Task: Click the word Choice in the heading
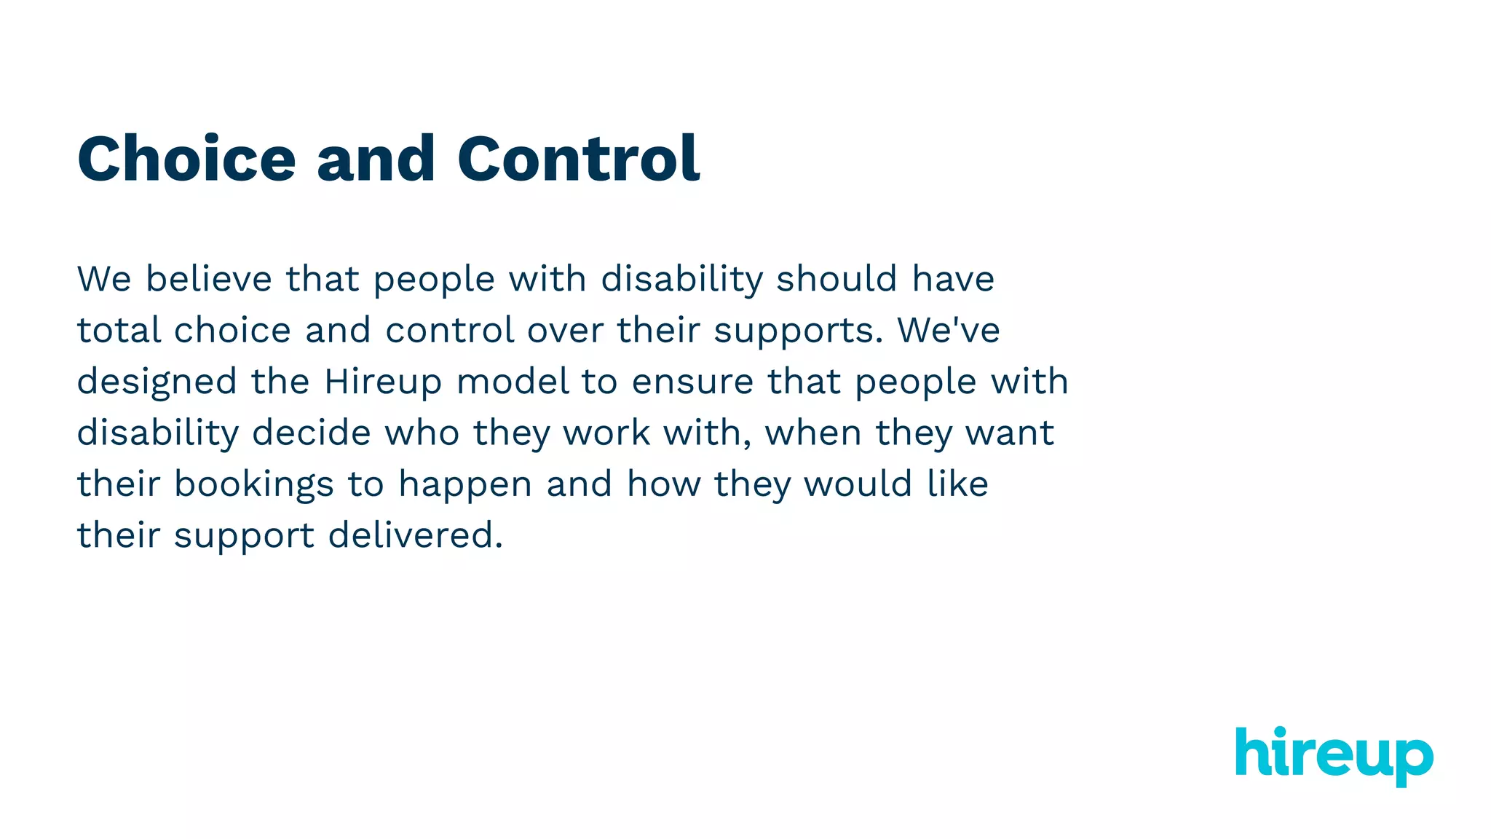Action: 186,159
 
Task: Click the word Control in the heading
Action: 578,159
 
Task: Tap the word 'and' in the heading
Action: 376,159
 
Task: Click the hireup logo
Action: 1334,755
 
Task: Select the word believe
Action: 208,279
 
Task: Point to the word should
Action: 837,279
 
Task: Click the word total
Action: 119,330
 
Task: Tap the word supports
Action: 798,331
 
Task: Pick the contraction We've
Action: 949,330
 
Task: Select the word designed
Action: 157,382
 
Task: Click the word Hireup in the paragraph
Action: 383,382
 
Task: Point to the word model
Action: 513,382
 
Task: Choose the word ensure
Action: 692,382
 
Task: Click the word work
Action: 606,433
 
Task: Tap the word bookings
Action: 253,485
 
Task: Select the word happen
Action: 465,485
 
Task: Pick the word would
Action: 858,484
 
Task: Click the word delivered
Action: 415,535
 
